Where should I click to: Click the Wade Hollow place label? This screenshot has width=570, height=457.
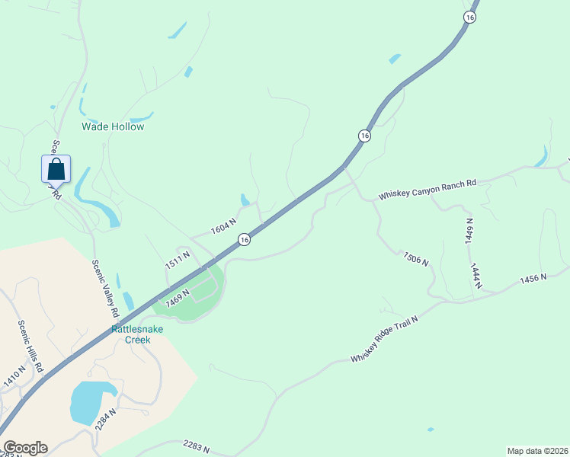pos(113,127)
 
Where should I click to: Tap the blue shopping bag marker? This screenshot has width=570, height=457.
pos(56,169)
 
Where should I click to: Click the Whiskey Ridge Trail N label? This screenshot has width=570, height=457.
pos(385,337)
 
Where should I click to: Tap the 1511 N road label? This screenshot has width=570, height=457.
pos(177,259)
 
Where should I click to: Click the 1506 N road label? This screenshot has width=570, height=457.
pos(416,257)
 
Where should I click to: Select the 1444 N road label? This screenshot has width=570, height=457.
pos(476,275)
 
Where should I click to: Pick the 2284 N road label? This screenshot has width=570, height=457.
pos(106,420)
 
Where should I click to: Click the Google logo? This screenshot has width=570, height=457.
pos(25,448)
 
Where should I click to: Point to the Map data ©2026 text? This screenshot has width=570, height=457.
pos(536,451)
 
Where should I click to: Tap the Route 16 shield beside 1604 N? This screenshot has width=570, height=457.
pos(243,239)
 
